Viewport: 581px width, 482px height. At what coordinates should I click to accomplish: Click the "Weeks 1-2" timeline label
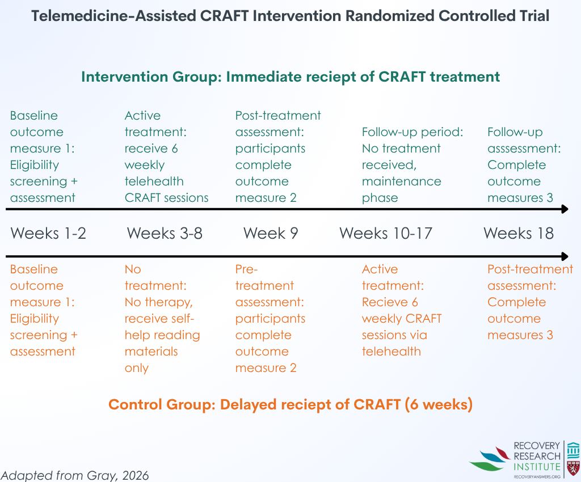coord(48,233)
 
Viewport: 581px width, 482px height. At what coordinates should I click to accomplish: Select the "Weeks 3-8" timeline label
coord(165,233)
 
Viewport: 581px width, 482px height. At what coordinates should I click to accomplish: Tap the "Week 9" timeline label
coord(271,233)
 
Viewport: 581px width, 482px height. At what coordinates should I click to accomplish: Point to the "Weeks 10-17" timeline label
coord(386,233)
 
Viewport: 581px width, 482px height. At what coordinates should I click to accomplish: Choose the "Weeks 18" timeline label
coord(519,233)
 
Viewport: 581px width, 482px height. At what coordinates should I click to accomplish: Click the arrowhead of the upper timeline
coord(565,209)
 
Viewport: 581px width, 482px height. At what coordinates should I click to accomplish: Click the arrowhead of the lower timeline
coord(565,256)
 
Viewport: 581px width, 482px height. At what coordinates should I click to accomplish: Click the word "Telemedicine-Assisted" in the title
coord(113,16)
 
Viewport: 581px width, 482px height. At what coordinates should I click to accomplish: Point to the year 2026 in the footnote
coord(135,475)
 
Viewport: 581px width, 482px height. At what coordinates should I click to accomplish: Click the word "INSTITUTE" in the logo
coord(537,467)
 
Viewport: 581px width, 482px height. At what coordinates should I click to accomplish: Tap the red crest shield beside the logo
coord(573,468)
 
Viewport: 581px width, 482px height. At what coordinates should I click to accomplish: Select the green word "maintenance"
coord(401,181)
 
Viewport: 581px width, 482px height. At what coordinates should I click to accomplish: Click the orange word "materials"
coord(151,352)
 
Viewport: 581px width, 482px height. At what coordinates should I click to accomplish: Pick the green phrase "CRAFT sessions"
coord(166,198)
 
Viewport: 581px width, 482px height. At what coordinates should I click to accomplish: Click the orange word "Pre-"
coord(246,269)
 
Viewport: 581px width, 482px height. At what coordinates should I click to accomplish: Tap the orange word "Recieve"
coord(385,302)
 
